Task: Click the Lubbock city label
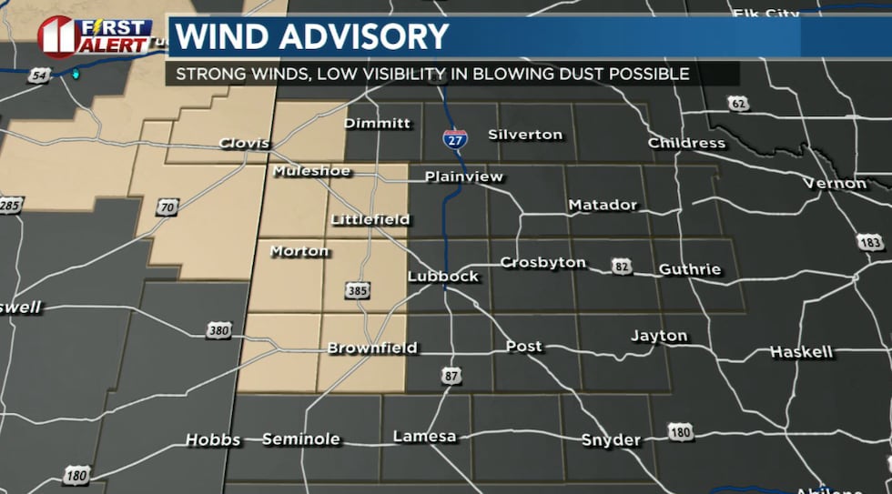click(442, 276)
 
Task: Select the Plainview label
click(463, 176)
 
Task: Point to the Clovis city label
click(244, 143)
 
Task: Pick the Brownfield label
click(371, 348)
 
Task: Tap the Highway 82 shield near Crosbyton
click(622, 267)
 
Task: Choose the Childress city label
click(686, 143)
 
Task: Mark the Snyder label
click(611, 440)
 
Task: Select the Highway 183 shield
click(869, 242)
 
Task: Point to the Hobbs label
click(213, 439)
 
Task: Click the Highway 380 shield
click(218, 331)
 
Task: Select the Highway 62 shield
click(738, 104)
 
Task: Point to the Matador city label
click(603, 205)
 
